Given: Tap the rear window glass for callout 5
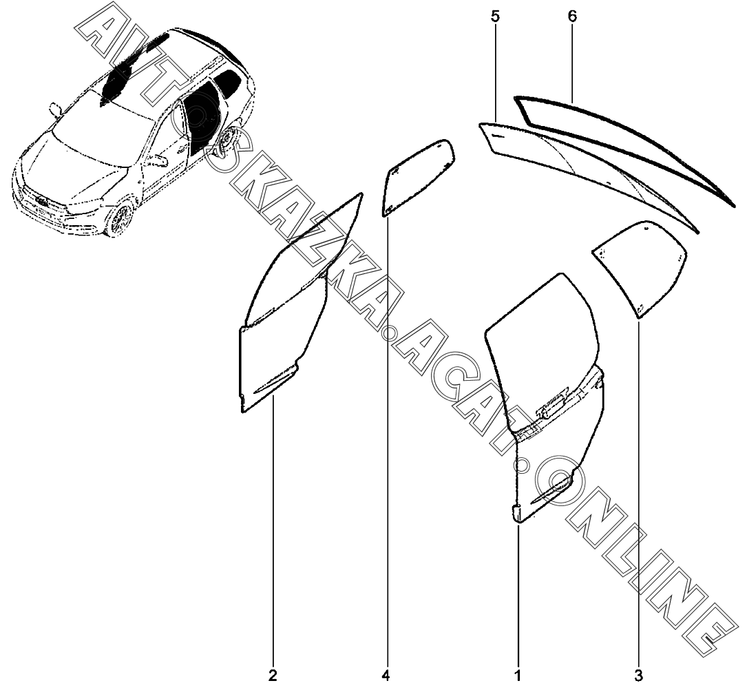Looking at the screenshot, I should click(585, 169).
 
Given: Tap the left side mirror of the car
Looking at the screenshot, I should click(56, 108).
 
